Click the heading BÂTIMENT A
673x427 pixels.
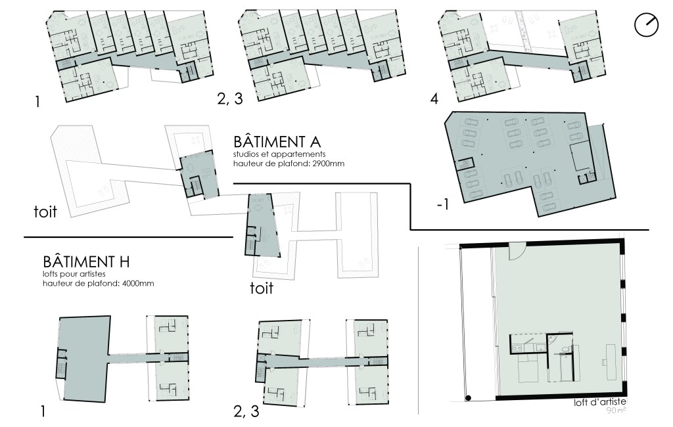tap(277, 142)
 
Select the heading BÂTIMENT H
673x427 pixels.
tap(86, 261)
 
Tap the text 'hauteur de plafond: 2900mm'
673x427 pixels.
tap(289, 164)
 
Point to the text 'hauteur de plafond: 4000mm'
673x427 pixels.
tap(99, 283)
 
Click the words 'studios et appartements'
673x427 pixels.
tap(279, 154)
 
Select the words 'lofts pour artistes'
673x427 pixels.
tap(74, 274)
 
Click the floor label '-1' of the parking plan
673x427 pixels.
tap(443, 204)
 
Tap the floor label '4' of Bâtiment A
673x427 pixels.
tap(434, 99)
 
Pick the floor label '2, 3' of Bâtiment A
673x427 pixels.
tap(230, 99)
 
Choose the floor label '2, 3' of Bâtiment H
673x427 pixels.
tap(246, 411)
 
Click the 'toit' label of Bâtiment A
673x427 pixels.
tap(45, 211)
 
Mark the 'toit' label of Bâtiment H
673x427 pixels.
tap(262, 288)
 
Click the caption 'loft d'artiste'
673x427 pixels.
tap(600, 402)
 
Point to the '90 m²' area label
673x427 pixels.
tap(616, 411)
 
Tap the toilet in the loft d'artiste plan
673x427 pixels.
tap(565, 348)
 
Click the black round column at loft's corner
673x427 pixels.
tap(468, 398)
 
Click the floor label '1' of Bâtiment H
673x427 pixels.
tap(43, 411)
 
